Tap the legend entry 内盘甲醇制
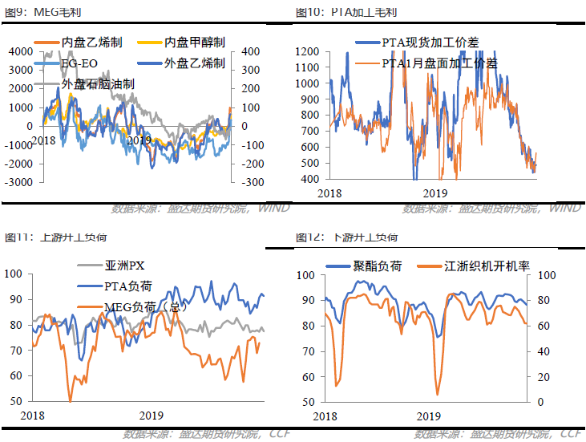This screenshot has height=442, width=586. coord(194,43)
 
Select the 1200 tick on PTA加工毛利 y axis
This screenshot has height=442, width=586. coord(306,51)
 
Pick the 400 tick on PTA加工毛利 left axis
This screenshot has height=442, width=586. coord(309,179)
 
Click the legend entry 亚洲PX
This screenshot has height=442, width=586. coord(124,266)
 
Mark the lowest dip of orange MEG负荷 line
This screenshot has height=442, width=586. coord(71,399)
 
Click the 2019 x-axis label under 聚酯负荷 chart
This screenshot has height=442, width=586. coord(428,416)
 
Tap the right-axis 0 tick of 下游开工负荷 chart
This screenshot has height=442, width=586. coord(540,402)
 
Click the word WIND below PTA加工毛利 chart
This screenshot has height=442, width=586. coord(565,208)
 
